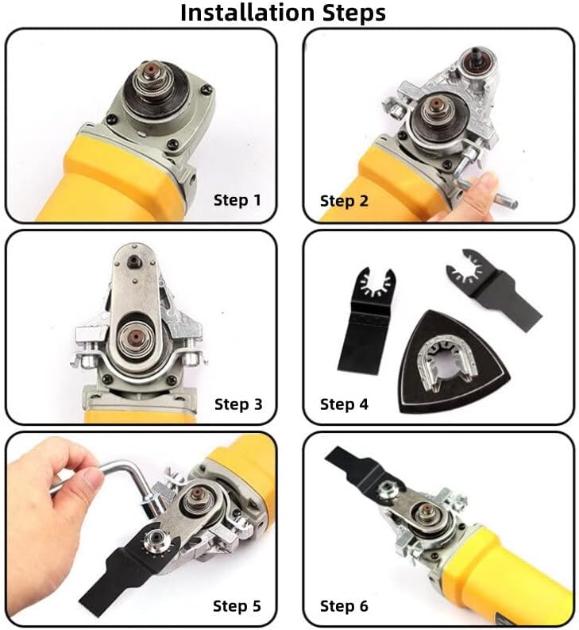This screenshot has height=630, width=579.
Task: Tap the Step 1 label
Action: (x=237, y=199)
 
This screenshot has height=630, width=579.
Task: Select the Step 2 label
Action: (x=344, y=200)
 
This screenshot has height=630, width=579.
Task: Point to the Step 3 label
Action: (x=237, y=404)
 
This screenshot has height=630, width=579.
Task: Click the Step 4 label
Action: (x=344, y=404)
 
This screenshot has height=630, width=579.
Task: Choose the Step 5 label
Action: (x=236, y=605)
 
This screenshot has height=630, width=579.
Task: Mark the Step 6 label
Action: (x=344, y=605)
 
